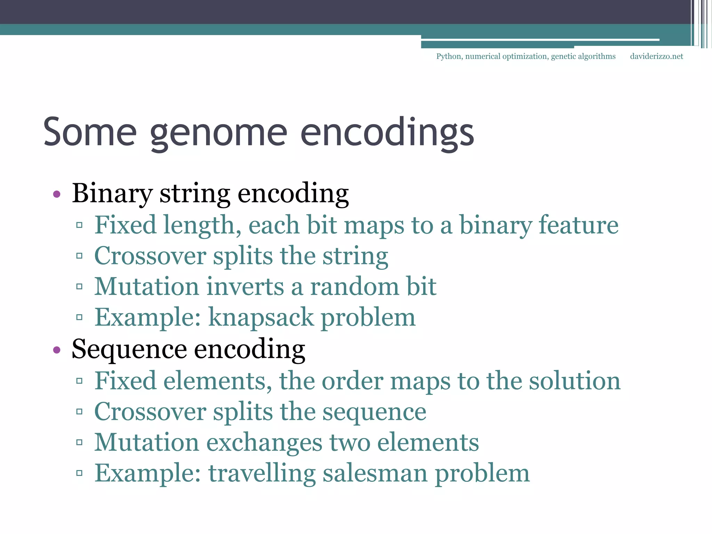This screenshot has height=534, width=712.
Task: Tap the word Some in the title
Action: (x=90, y=132)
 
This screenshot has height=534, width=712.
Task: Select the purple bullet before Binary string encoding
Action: (x=57, y=194)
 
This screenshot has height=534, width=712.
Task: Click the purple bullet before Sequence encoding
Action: (x=57, y=350)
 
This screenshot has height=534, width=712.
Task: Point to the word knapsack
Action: (x=261, y=317)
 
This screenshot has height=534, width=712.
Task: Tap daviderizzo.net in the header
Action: (x=656, y=56)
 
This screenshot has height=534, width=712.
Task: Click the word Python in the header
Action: (x=448, y=56)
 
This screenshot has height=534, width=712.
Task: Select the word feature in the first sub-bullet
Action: (x=578, y=225)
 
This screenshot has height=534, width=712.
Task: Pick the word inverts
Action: (x=245, y=286)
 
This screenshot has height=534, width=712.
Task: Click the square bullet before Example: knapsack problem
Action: (x=79, y=317)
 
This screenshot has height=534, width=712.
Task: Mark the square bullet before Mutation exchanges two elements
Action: (x=79, y=442)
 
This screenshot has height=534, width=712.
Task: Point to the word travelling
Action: (x=261, y=473)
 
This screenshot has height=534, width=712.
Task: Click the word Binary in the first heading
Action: (x=112, y=193)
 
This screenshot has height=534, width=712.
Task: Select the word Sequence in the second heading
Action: (x=129, y=349)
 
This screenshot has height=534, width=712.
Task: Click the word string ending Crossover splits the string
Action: (x=355, y=257)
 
